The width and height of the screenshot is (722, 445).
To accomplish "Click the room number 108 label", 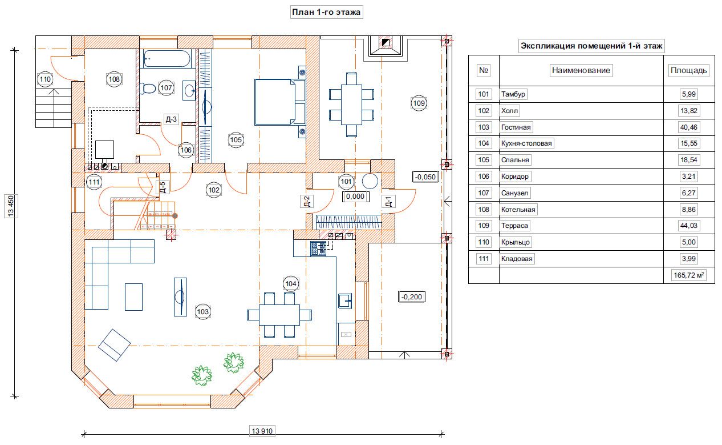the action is [114, 79].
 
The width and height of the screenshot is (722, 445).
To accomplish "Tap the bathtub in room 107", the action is [167, 58].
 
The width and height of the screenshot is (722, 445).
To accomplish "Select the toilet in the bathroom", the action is [147, 88].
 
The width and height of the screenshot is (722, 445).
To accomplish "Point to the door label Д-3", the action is [171, 119].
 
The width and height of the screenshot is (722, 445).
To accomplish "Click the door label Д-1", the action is [388, 202].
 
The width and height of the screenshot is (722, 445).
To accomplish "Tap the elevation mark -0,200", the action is [412, 297].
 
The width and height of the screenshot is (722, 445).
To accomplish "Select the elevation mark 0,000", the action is [355, 197].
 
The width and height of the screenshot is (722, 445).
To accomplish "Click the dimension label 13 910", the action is [262, 431].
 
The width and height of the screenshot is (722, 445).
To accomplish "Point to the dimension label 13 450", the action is [11, 206].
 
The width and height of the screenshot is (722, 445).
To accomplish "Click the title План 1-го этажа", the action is [326, 12].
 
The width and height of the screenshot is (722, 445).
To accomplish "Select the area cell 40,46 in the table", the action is [689, 127].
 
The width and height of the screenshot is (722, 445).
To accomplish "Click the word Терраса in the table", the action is [514, 226].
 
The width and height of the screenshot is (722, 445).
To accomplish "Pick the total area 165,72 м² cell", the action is [689, 275].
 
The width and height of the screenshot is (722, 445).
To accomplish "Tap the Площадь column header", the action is [689, 70].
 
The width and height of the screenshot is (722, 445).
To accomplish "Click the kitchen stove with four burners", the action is [318, 248].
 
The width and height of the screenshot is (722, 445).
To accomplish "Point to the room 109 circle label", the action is [419, 103].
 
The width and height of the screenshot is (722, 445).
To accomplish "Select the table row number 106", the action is [484, 177].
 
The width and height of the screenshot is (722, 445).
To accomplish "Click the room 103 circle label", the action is [202, 312].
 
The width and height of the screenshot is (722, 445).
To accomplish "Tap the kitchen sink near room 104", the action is [345, 301].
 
